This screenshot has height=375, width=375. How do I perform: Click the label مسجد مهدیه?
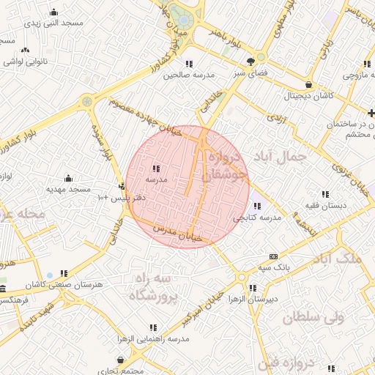(68, 189)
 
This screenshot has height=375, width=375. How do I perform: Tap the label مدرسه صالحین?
(188, 75)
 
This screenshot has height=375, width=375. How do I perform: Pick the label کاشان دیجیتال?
(309, 95)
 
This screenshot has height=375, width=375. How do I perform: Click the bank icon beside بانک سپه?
(273, 256)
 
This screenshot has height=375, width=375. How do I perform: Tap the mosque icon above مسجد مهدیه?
(68, 178)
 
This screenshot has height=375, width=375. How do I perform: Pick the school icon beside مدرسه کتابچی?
(257, 206)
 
